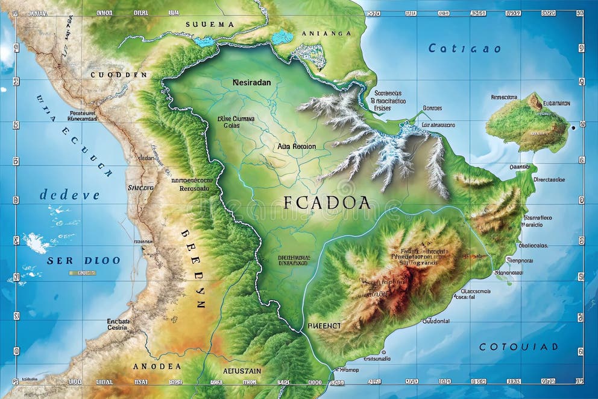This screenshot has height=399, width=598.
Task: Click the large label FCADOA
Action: (327, 202)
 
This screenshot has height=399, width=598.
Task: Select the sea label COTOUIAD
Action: (518, 346)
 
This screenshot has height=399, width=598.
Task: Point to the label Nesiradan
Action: (251, 81)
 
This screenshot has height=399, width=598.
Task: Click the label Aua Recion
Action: (297, 146)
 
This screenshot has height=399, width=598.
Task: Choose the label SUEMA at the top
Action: (210, 24)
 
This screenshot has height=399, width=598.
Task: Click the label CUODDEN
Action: (119, 75)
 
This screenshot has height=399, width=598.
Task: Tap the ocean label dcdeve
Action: (69, 195)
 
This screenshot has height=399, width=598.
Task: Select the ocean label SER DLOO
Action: (84, 260)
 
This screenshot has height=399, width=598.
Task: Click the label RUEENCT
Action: (324, 325)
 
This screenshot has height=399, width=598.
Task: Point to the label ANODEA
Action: (157, 366)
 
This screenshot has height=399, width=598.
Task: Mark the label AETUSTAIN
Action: (242, 370)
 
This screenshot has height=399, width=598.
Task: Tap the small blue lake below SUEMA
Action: (205, 41)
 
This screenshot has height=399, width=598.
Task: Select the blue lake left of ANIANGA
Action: (282, 37)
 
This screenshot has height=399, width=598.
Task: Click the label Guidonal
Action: (435, 321)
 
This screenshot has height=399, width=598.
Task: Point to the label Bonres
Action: (432, 108)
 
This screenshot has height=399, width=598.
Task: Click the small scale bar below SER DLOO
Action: (82, 273)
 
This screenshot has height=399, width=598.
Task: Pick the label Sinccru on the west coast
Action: (141, 188)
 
